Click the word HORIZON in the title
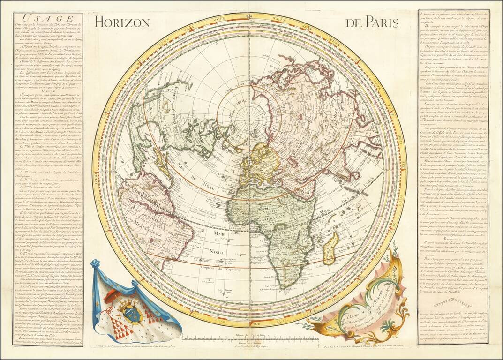121,22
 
